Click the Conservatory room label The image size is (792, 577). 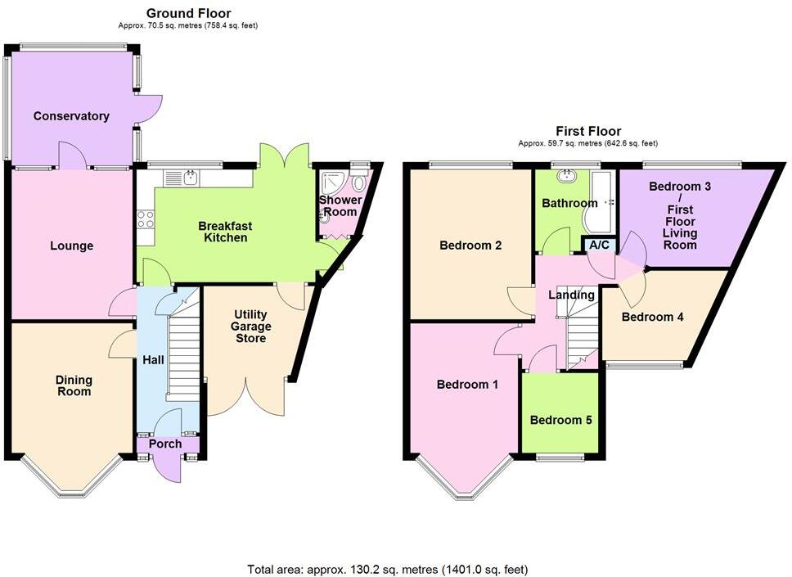(71, 116)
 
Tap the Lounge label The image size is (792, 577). (72, 246)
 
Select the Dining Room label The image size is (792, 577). (74, 385)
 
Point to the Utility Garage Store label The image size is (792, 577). (251, 326)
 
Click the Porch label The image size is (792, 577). (165, 444)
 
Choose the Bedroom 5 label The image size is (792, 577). (560, 420)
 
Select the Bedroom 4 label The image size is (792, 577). (652, 317)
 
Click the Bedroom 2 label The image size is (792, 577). (470, 245)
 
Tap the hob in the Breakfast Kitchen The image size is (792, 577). (146, 219)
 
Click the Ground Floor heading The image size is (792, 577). (188, 13)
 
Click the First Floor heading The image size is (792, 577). (587, 131)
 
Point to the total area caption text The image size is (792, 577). (394, 568)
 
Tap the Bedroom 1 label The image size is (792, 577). (467, 384)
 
